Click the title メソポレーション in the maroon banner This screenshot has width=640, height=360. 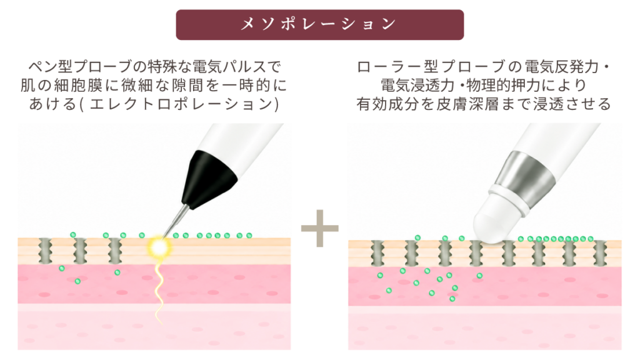click(x=319, y=24)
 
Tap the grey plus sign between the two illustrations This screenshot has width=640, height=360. click(x=319, y=228)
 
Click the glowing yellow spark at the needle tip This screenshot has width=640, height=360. click(x=159, y=246)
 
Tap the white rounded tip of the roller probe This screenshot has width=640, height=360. click(x=496, y=223)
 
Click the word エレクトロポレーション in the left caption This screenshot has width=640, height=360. click(x=181, y=104)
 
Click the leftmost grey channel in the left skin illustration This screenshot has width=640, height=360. click(x=45, y=251)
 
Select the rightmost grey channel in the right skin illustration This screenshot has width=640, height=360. click(x=600, y=254)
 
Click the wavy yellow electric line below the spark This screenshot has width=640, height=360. click(x=159, y=290)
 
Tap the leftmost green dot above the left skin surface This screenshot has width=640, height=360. click(x=72, y=235)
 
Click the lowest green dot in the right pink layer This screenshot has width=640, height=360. click(x=452, y=299)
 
